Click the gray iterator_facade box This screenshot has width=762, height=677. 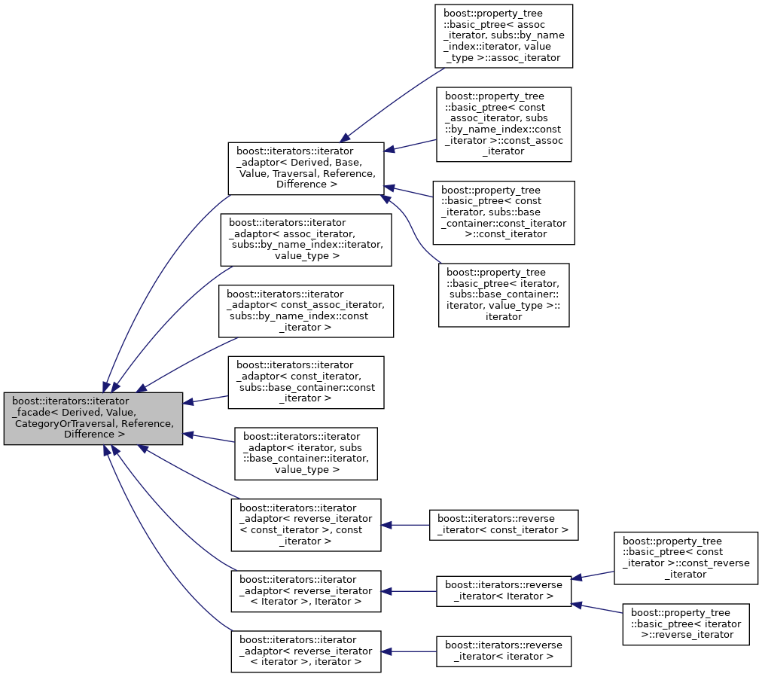point(93,418)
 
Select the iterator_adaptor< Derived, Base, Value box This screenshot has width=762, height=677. point(306,168)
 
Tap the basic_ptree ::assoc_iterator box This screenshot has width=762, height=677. point(504,38)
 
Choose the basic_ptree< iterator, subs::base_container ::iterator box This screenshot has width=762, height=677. point(504,294)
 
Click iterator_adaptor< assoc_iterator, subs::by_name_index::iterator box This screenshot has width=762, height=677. point(306,239)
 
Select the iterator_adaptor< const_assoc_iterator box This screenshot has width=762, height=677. point(306,311)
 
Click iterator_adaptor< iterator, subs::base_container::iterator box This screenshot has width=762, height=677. point(306,453)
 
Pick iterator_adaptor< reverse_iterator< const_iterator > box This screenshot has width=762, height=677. point(306,525)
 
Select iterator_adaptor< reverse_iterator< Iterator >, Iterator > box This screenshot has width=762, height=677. point(306,591)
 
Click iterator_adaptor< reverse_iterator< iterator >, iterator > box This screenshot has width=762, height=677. point(306,651)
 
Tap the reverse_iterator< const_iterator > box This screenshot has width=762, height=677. point(503,525)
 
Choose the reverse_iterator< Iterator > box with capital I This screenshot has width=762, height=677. point(503,591)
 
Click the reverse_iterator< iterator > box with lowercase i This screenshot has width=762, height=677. point(503,651)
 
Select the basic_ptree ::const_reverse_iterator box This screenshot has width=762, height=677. point(685,558)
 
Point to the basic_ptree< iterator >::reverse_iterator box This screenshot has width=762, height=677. point(685,624)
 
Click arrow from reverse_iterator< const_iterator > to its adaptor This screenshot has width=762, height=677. point(405,525)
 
